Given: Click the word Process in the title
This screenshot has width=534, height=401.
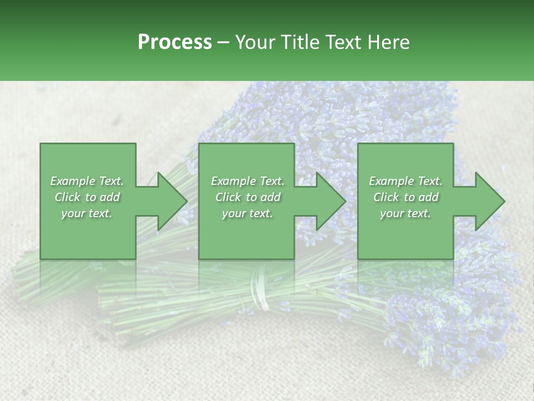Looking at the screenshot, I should [175, 42].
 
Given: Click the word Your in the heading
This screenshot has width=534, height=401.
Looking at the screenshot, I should [256, 42].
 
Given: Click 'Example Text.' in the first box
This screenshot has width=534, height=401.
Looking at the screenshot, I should [87, 181].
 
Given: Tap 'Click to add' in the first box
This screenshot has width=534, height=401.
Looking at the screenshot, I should [87, 197].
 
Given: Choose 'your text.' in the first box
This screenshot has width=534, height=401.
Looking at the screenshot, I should [87, 213].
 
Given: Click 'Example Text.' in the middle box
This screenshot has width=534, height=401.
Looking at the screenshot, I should [247, 181].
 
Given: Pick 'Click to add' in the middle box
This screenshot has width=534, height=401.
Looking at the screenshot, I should [247, 197].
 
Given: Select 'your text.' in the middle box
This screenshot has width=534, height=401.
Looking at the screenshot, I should [247, 213].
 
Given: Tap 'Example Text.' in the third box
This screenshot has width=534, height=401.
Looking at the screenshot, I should [406, 181].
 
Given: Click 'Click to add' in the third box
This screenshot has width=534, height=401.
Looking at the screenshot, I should [406, 197].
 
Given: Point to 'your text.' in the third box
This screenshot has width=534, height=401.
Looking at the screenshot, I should [406, 213].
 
